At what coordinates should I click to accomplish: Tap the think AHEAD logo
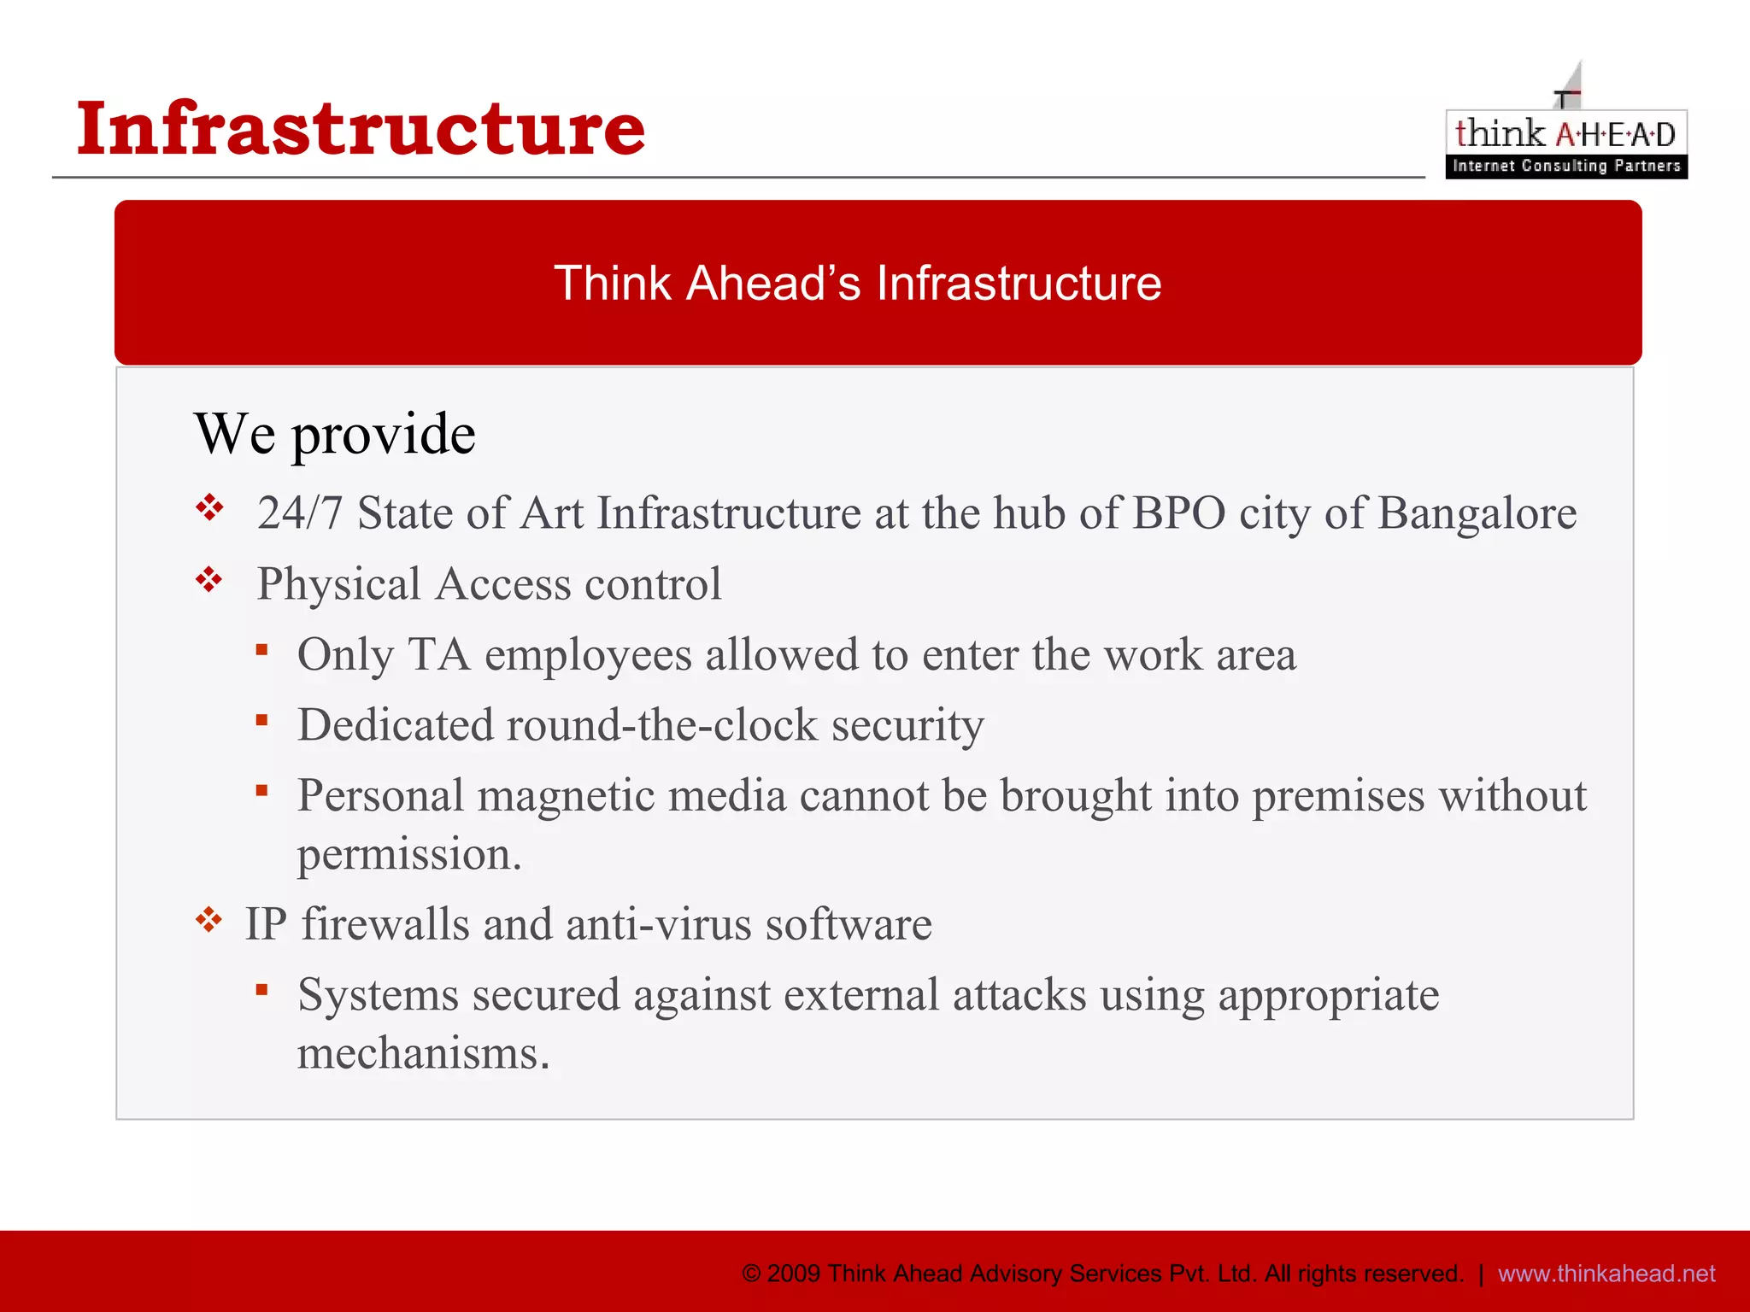click(1565, 134)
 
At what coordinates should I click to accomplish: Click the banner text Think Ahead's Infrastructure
click(857, 283)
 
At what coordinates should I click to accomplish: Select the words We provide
click(334, 434)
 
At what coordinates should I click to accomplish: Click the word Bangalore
click(1477, 513)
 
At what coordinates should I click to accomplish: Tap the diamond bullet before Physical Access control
click(208, 581)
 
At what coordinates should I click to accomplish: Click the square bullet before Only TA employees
click(262, 651)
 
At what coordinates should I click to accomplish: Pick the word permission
click(408, 854)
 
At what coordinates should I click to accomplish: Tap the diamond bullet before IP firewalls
click(208, 921)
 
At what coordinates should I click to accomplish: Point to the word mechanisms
click(423, 1053)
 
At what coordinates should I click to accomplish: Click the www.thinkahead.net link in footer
click(1606, 1274)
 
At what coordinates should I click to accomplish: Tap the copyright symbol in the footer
click(751, 1274)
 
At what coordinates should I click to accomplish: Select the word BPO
click(1179, 513)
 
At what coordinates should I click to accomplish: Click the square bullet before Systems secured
click(262, 991)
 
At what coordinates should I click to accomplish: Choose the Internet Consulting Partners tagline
click(1565, 166)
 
